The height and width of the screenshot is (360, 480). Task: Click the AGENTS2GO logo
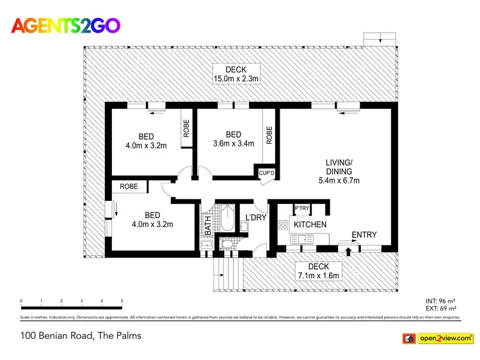click(66, 26)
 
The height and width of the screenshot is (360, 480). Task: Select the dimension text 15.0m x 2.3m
click(236, 79)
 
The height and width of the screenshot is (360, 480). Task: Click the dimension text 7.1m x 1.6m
click(318, 276)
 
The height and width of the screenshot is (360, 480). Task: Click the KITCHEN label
click(310, 224)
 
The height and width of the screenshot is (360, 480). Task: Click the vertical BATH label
click(207, 226)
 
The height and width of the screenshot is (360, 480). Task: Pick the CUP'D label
click(266, 173)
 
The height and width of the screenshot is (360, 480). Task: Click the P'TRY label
click(302, 208)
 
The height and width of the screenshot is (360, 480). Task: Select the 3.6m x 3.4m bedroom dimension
click(234, 143)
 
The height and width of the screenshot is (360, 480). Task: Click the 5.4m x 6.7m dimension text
click(339, 180)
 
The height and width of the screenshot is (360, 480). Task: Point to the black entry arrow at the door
click(348, 251)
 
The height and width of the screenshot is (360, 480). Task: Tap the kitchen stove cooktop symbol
click(282, 225)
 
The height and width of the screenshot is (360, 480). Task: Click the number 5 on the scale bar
click(122, 301)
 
